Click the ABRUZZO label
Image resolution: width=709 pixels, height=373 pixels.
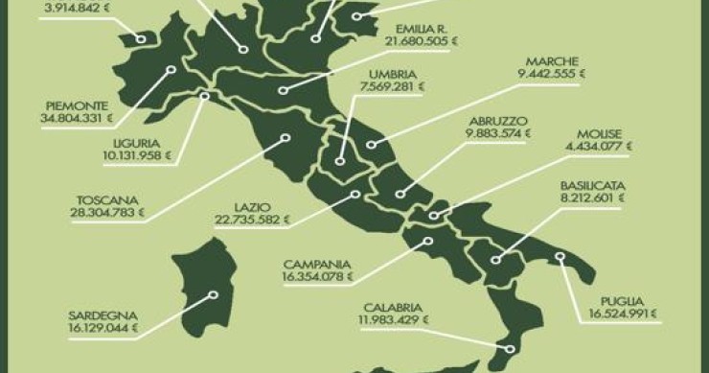495,121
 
